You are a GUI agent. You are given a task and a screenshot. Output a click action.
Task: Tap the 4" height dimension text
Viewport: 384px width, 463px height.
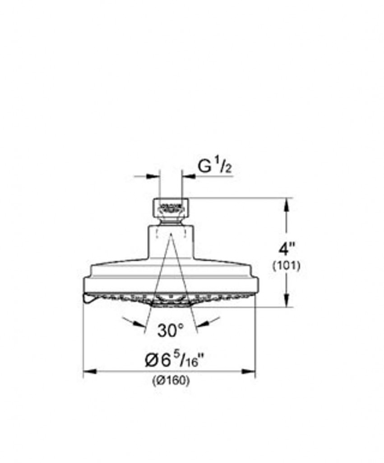tap(287, 249)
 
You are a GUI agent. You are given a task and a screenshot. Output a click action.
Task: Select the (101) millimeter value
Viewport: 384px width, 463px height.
tap(286, 266)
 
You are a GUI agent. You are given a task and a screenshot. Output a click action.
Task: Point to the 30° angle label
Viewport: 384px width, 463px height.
tap(171, 330)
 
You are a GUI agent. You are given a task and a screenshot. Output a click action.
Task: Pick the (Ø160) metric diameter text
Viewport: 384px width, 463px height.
tap(171, 381)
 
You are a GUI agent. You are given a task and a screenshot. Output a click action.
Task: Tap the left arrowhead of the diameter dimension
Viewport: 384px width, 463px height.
tap(90, 371)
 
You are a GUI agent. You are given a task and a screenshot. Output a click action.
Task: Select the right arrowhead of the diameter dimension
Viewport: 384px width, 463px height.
tap(249, 371)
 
